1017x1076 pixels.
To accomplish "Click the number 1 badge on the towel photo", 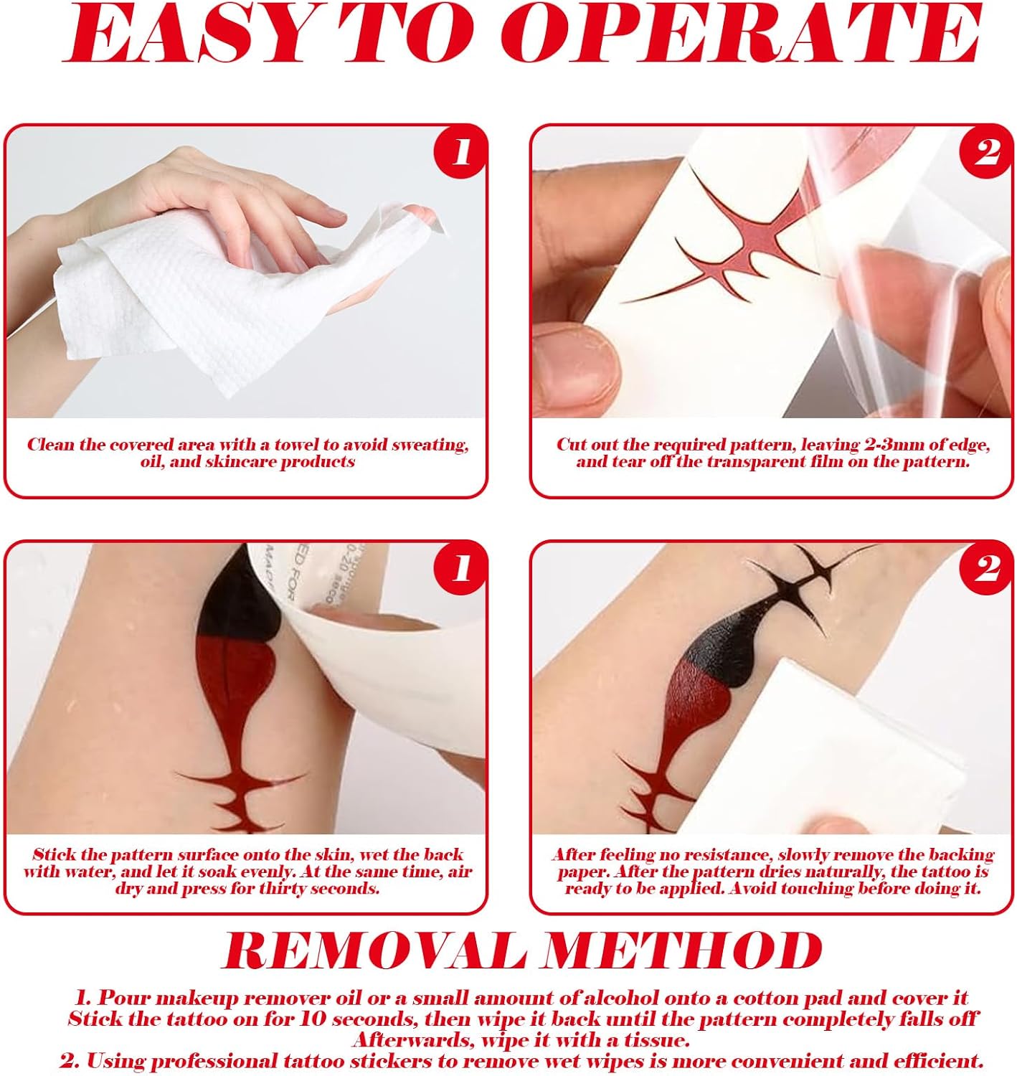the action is [460, 152].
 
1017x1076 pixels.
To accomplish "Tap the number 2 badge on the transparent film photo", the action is [985, 152].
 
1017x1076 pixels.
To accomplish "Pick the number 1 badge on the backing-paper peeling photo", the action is [460, 568].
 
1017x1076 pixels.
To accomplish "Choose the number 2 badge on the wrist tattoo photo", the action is [985, 568].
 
